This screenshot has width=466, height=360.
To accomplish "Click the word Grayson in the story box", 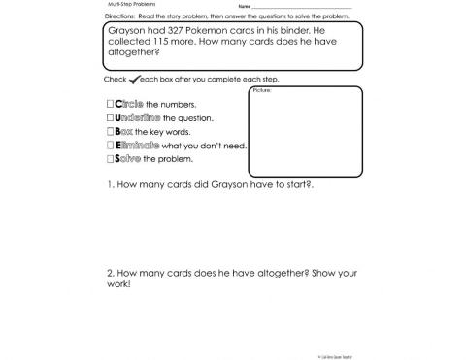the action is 127,31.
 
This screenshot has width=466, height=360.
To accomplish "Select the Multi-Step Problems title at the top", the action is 127,5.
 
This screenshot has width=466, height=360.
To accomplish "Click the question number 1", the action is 111,184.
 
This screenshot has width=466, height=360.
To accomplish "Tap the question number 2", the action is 111,273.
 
